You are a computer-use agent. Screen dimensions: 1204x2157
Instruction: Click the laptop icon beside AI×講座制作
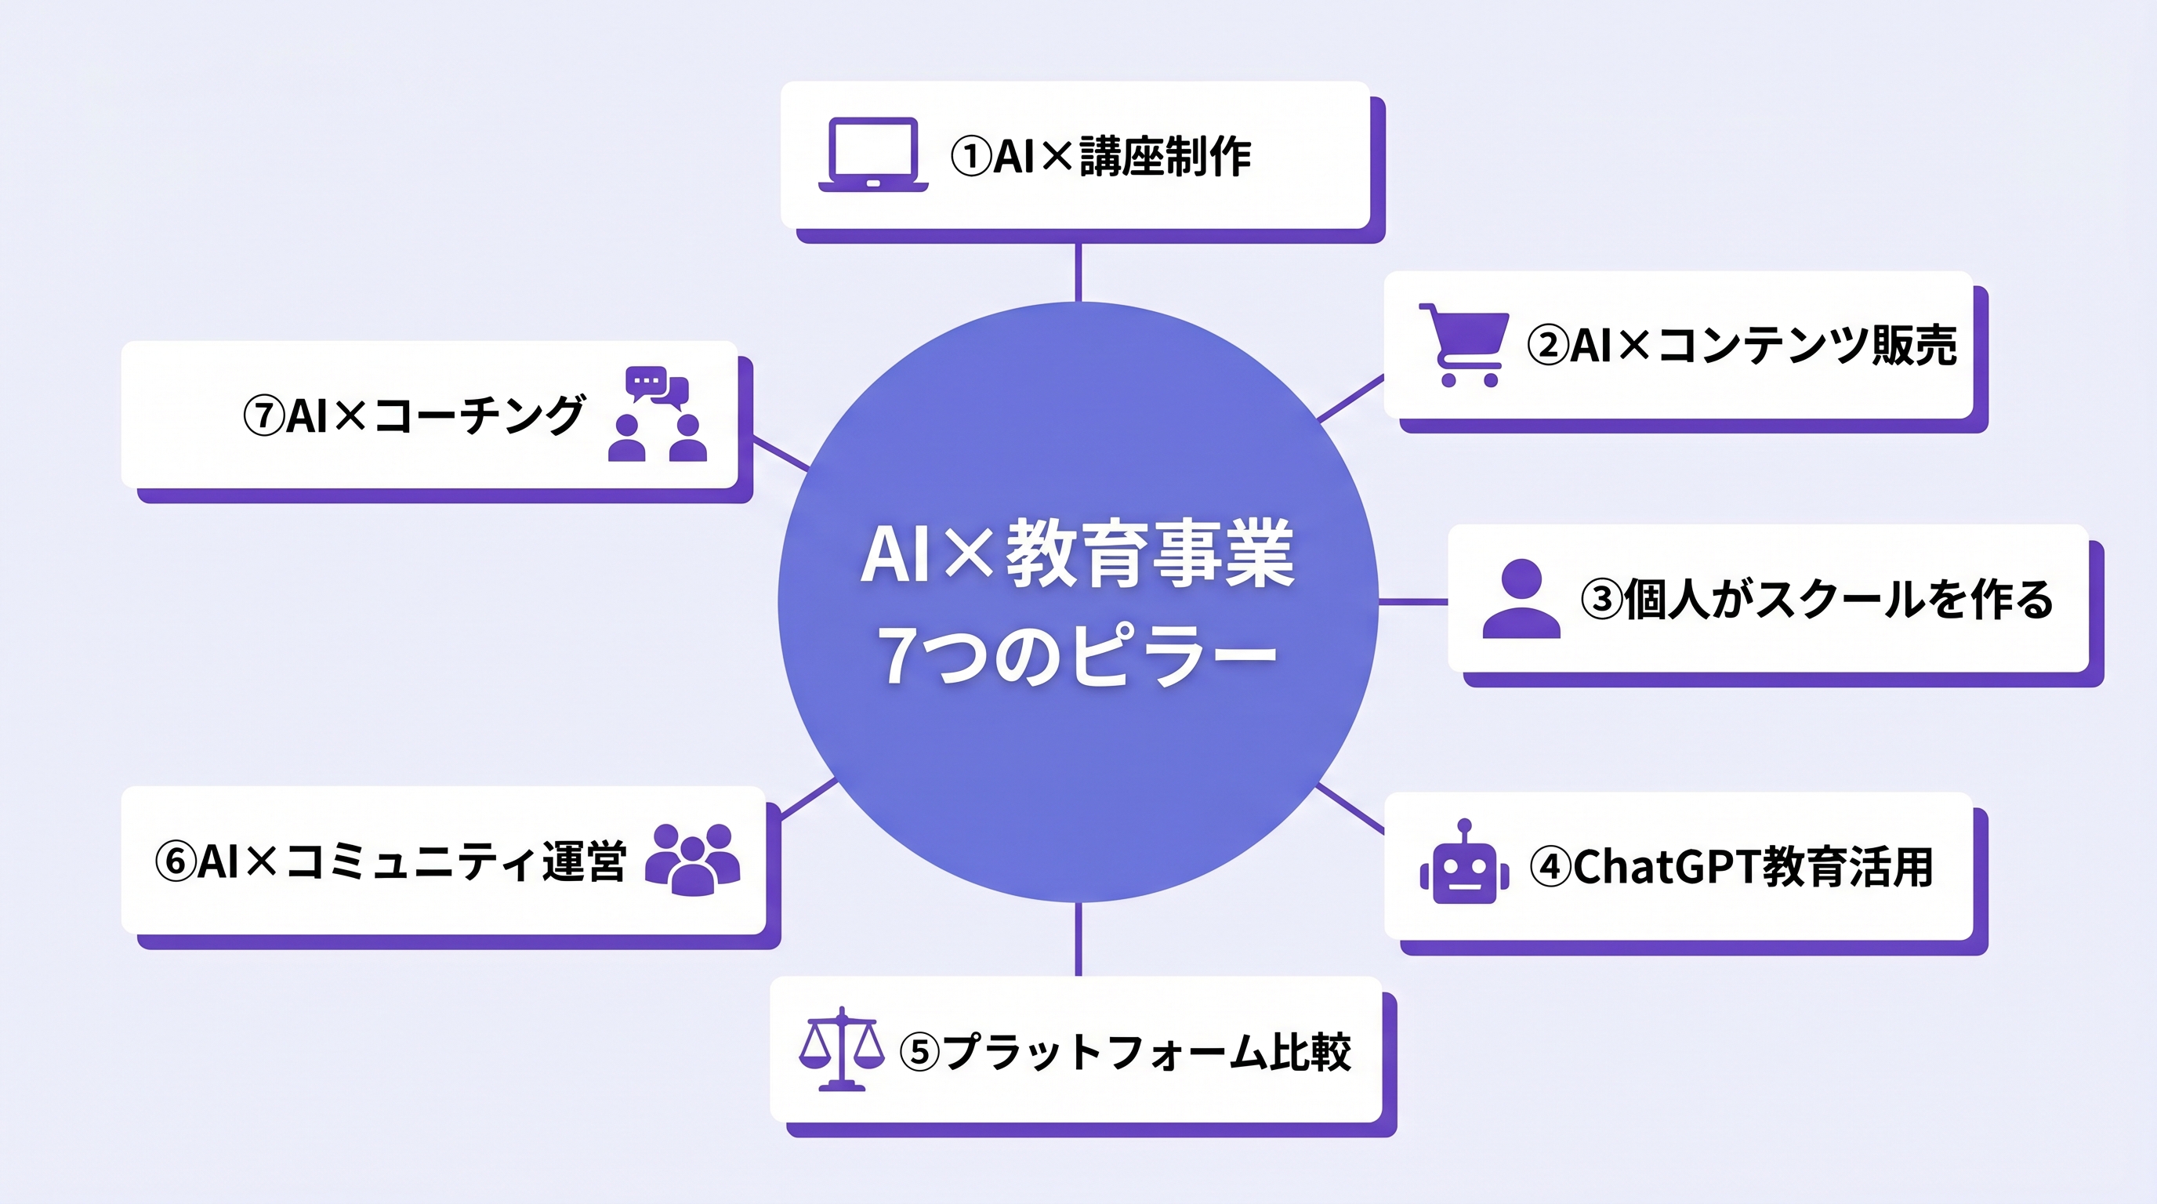point(872,155)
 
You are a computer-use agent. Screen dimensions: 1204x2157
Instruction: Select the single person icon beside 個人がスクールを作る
point(1521,599)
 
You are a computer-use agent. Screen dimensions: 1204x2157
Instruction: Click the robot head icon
point(1463,865)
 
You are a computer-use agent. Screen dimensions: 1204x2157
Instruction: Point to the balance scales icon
point(841,1049)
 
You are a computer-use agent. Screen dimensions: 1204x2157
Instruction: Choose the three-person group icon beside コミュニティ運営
point(693,859)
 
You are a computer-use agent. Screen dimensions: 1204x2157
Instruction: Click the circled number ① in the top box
point(971,157)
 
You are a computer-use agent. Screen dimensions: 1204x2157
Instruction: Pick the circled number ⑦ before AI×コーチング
point(264,415)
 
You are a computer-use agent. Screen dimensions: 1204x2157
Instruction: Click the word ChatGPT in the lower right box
point(1666,867)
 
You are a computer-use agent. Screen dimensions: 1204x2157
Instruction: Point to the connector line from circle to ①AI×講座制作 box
point(1078,272)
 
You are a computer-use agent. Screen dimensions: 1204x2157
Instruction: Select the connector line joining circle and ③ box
point(1412,601)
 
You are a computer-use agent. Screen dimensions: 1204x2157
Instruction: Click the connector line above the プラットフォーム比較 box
point(1078,939)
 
